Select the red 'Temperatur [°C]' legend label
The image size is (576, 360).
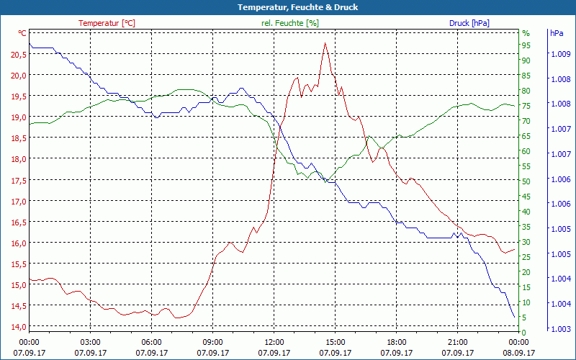point(107,23)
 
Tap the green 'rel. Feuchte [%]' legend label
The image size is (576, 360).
point(289,23)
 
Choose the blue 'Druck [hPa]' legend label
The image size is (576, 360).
point(469,23)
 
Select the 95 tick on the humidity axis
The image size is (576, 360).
point(526,45)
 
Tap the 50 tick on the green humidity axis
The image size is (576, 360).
point(526,181)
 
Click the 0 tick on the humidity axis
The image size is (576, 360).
point(524,332)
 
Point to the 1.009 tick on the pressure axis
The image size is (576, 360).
point(559,54)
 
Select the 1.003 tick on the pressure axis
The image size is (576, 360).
point(559,329)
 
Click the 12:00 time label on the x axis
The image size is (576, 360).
point(274,342)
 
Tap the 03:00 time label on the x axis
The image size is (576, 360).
point(90,342)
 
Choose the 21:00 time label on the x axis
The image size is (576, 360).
point(457,342)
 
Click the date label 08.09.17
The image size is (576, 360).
point(518,353)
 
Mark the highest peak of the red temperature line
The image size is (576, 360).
point(325,43)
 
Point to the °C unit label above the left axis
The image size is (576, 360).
point(22,33)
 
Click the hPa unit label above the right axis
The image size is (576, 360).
point(557,33)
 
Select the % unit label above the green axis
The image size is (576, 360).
point(526,33)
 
